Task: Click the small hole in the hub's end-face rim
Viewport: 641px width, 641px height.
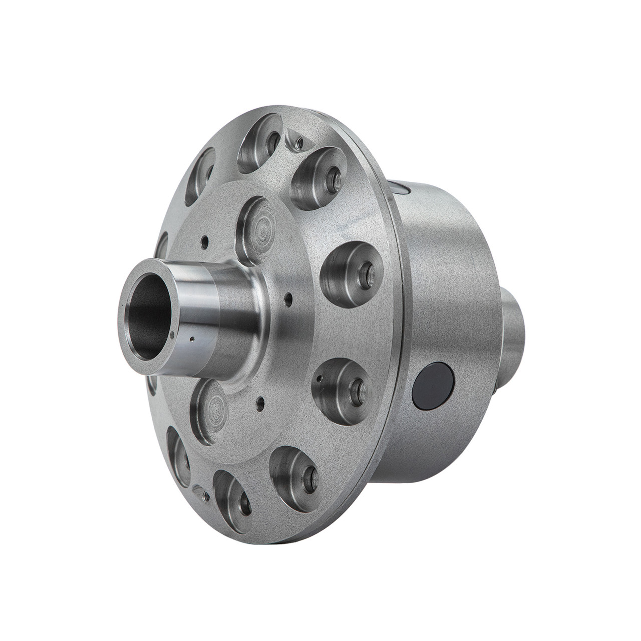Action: [172, 335]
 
